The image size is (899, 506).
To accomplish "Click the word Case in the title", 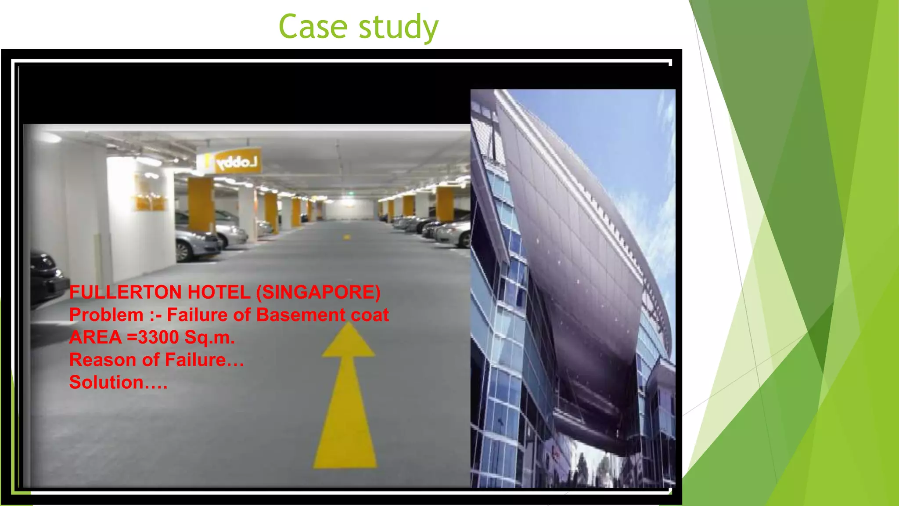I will [x=313, y=27].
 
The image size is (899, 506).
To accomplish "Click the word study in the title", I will [x=398, y=28].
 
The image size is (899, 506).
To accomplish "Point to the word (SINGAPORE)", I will [x=318, y=293].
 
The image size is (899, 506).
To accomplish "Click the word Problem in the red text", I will [x=106, y=315].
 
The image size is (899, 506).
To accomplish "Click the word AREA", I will [x=95, y=337].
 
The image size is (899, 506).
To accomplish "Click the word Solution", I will [x=118, y=383].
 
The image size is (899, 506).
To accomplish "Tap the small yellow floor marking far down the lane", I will [x=347, y=237].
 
